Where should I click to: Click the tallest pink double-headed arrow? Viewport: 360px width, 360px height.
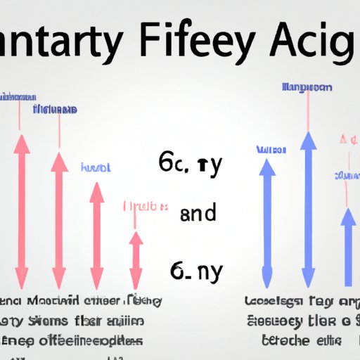[22, 211]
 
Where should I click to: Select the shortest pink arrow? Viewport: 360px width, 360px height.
[136, 257]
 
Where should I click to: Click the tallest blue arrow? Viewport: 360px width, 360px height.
[307, 211]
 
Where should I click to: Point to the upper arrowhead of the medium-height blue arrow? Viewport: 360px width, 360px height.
[267, 169]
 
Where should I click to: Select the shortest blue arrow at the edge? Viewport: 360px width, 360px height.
[348, 246]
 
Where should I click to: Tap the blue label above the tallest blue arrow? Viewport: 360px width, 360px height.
[307, 88]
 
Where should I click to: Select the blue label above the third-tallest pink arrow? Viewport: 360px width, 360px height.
[96, 168]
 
